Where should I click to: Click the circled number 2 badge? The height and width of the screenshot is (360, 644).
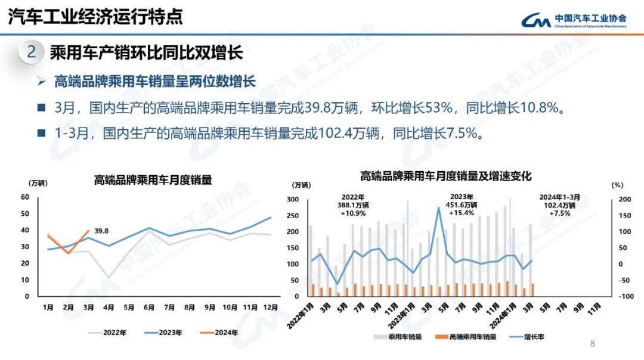pos(31,52)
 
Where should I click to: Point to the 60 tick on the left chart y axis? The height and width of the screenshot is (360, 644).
pos(25,197)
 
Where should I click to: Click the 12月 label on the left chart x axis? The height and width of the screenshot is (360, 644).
pos(271,308)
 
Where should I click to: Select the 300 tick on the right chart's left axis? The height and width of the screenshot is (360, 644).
pos(292,200)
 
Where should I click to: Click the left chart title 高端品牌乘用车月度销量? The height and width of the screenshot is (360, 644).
pos(153,180)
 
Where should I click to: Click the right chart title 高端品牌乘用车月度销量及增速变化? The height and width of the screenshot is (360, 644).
pos(445,176)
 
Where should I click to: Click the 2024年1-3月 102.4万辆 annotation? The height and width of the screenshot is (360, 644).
pos(559,204)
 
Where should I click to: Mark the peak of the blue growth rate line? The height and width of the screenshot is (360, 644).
pos(439,207)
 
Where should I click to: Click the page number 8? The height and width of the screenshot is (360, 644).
pos(592,343)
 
